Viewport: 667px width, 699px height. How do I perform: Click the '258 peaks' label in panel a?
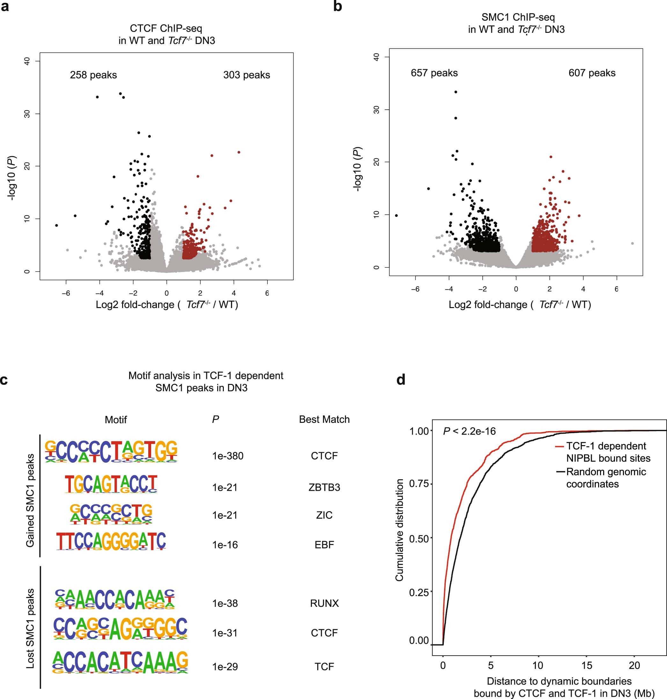(x=93, y=75)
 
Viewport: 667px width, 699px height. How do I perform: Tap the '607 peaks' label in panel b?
(x=592, y=73)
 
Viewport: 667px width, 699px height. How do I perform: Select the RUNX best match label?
(x=324, y=603)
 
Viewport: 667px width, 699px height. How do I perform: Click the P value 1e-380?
(x=228, y=456)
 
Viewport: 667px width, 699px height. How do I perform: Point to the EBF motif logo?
(x=111, y=541)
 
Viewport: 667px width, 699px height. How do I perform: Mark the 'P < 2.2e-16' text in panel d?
(x=469, y=431)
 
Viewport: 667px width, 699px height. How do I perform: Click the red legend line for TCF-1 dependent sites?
(x=560, y=446)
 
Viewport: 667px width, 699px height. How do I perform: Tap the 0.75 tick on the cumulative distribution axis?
(x=419, y=484)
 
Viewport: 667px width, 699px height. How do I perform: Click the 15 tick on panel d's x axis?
(x=587, y=665)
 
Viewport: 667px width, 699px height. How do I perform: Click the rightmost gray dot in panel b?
(x=632, y=244)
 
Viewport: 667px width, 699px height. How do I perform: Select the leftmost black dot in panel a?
(x=56, y=225)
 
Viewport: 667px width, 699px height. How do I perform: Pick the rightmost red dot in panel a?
(x=238, y=152)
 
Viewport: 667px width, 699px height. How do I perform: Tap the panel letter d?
(x=401, y=379)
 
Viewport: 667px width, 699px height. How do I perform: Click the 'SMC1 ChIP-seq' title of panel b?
(x=518, y=17)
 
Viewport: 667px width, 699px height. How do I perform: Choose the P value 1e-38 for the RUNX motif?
(x=225, y=603)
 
